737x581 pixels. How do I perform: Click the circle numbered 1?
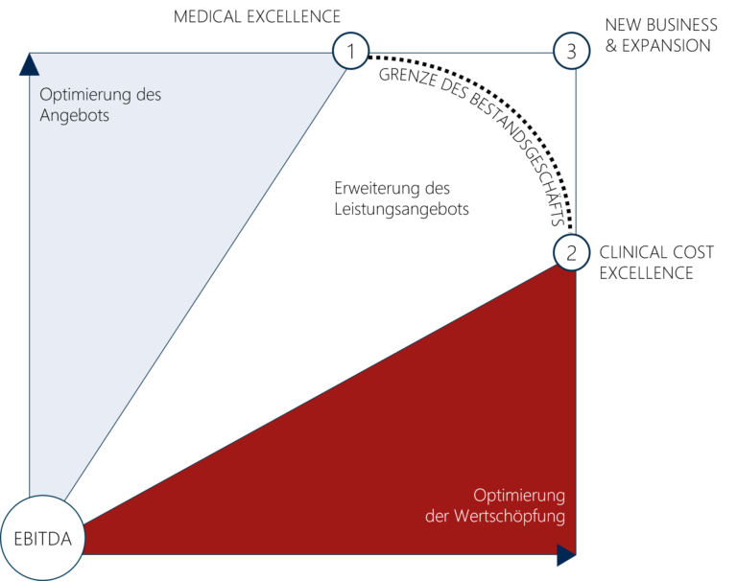click(x=351, y=51)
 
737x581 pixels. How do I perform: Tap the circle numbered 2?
click(x=571, y=253)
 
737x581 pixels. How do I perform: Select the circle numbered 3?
click(x=571, y=51)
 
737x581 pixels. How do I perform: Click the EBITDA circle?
click(x=41, y=538)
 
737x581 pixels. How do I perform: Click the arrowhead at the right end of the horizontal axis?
click(x=566, y=555)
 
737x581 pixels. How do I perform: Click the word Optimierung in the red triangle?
click(x=518, y=496)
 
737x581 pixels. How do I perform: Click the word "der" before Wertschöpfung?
click(x=438, y=516)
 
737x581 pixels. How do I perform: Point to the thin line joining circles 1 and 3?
click(x=461, y=52)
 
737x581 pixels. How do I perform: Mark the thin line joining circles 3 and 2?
click(x=575, y=153)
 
